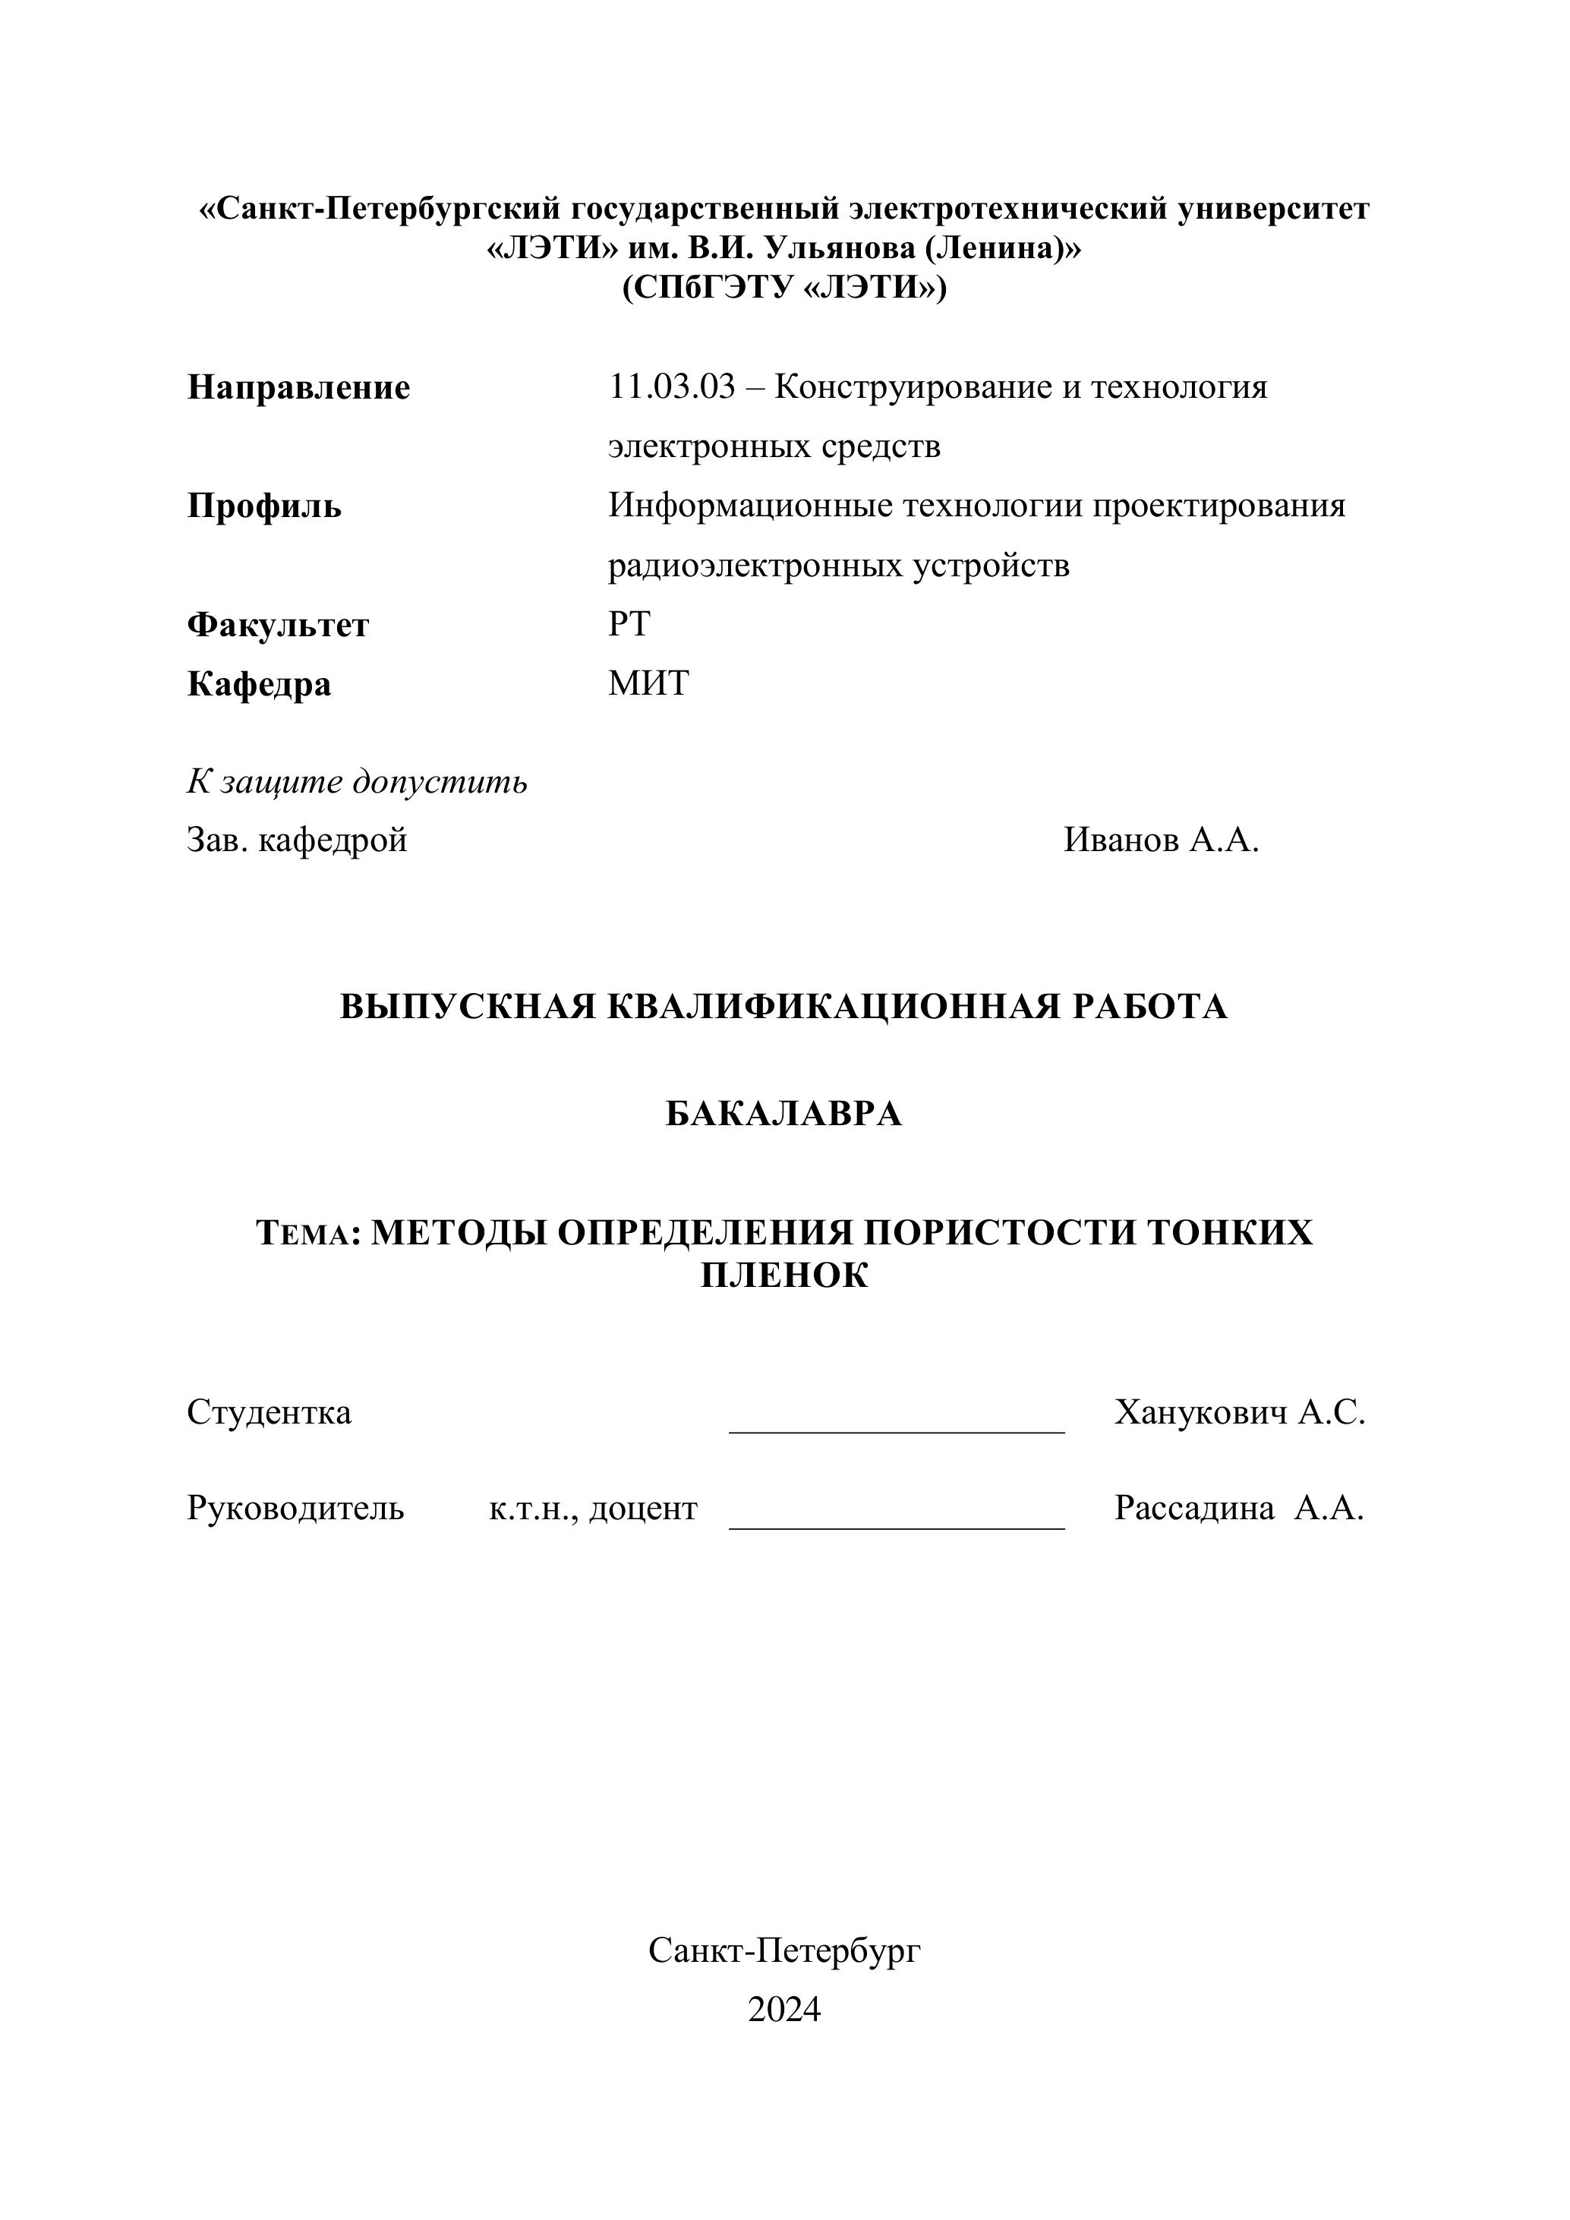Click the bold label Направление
(298, 388)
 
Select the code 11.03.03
(672, 388)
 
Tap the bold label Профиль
(264, 506)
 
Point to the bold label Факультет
(277, 626)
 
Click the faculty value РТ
(629, 625)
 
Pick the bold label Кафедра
(259, 685)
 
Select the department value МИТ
(648, 683)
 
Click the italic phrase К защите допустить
(358, 781)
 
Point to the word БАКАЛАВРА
(784, 1115)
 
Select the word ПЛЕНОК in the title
(784, 1276)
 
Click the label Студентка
(269, 1413)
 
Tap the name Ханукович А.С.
(1239, 1413)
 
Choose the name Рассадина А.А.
(1238, 1509)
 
